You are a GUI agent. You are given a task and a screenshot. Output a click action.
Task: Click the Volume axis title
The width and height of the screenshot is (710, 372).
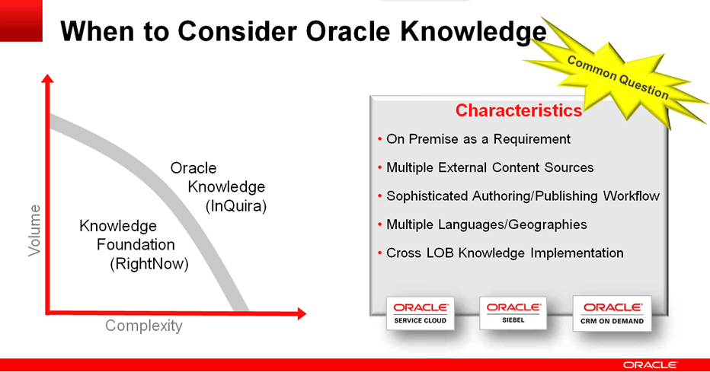click(x=34, y=231)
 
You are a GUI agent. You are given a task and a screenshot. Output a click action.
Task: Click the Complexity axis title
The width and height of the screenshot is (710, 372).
click(x=143, y=326)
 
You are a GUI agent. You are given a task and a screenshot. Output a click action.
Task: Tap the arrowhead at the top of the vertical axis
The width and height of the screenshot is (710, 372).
click(x=47, y=78)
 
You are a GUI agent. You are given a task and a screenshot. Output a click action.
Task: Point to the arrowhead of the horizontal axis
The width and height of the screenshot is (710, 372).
click(x=302, y=313)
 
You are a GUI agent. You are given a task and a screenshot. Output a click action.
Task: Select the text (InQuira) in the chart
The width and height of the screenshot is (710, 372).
click(x=236, y=206)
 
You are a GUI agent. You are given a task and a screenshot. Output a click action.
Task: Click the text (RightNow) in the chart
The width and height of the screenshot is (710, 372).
click(x=149, y=264)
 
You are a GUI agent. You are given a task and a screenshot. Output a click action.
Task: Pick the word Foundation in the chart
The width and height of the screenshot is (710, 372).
click(x=136, y=244)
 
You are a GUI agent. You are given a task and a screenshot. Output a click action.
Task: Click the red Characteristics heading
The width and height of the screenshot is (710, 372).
click(x=519, y=110)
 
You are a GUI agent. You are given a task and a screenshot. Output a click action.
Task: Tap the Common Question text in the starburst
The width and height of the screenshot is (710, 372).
click(x=618, y=78)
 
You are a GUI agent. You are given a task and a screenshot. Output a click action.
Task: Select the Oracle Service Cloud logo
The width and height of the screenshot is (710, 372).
click(x=421, y=313)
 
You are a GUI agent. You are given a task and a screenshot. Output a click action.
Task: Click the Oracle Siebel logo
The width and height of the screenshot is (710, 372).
click(x=513, y=313)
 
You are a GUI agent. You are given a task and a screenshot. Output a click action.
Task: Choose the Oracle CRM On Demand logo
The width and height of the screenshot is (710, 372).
click(x=612, y=313)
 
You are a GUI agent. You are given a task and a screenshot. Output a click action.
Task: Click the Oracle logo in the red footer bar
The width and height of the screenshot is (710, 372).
click(x=650, y=364)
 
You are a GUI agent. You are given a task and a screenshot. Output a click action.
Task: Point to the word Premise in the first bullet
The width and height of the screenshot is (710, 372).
click(x=433, y=139)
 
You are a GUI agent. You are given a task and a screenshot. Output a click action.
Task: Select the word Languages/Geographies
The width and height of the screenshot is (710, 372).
click(x=513, y=224)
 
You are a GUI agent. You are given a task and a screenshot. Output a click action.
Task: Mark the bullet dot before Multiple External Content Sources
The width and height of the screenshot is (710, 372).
click(x=379, y=167)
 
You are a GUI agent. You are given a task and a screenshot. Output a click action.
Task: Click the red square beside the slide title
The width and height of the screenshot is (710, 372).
click(x=21, y=21)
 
